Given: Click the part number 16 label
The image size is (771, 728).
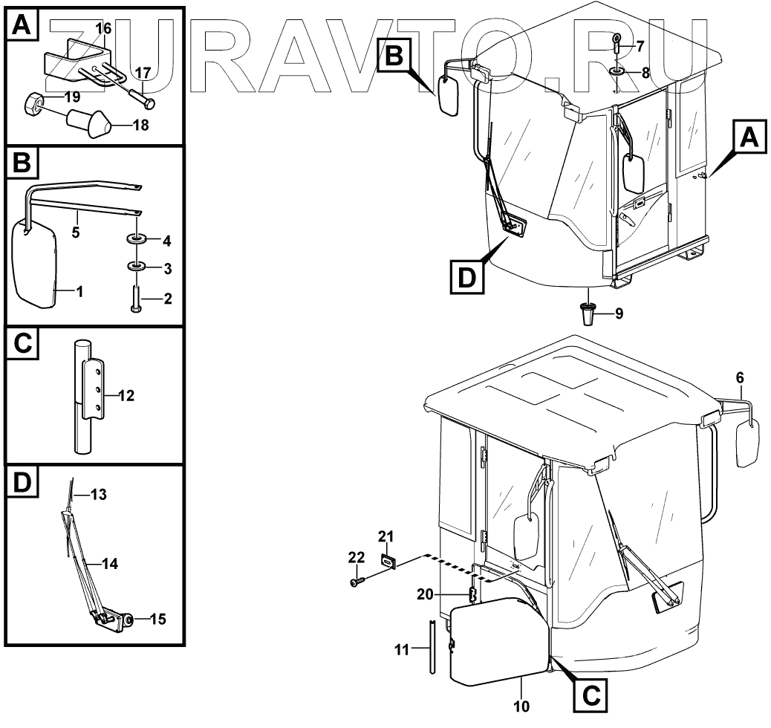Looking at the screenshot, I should point(103,28).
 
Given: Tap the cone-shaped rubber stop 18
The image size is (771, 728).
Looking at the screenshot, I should point(88,123).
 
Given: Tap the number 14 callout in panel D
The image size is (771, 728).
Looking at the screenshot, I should point(109,564).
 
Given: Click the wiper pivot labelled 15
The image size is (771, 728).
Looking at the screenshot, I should point(127,619).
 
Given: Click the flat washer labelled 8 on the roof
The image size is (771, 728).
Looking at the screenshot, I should point(617,73).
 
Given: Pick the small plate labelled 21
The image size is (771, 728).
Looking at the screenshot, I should point(387,562).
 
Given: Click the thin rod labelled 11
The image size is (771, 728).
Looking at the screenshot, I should point(431,646).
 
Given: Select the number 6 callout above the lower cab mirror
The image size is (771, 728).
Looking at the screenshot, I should point(739,378).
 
